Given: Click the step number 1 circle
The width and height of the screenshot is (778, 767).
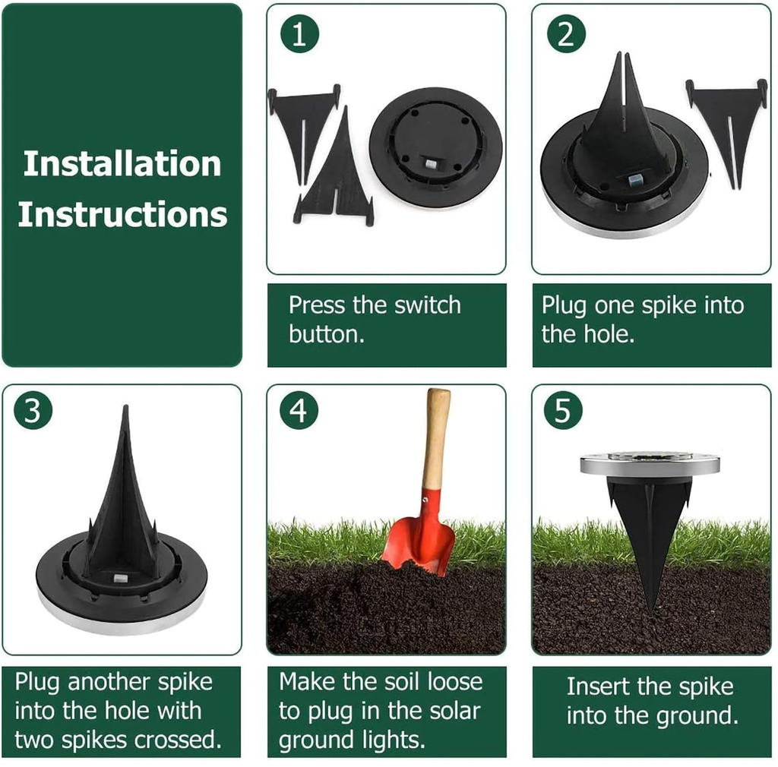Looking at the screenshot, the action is tap(299, 33).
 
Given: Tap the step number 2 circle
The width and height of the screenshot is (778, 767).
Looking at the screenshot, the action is tap(566, 33).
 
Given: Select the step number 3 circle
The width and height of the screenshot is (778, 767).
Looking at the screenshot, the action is tap(33, 411).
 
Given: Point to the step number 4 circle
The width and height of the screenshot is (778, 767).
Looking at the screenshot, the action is tap(299, 411).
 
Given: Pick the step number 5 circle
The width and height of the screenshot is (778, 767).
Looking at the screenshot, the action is tap(563, 411).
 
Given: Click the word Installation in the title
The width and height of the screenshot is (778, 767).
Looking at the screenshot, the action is tap(122, 163).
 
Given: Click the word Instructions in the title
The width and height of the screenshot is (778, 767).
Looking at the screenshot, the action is tap(122, 214).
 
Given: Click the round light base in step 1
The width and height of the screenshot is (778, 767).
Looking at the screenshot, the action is tap(435, 147).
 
